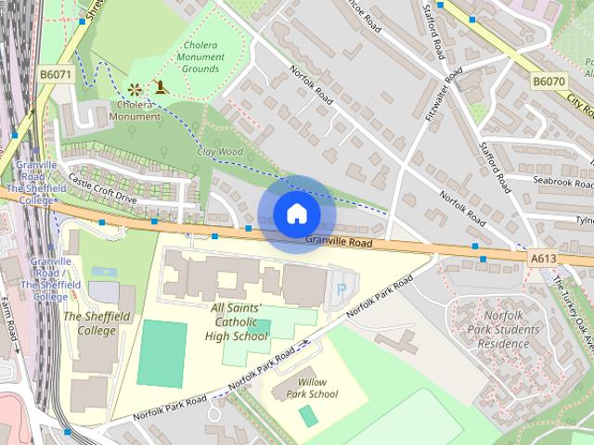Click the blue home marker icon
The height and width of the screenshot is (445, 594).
296,214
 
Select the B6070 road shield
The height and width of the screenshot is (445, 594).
549,83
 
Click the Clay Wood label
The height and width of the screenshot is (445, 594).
219,151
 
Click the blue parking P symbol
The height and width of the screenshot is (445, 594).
342,289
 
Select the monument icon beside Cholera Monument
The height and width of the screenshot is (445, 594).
161,90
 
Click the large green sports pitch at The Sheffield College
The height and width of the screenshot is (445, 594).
161,352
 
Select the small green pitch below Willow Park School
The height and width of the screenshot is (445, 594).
308,416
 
